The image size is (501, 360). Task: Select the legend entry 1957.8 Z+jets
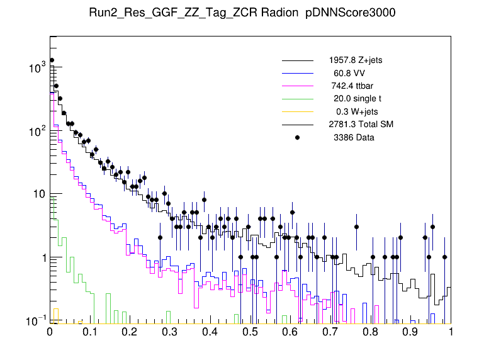pyautogui.click(x=355, y=60)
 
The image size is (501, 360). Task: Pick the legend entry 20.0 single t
pyautogui.click(x=357, y=99)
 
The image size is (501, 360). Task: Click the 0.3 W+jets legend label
pyautogui.click(x=357, y=111)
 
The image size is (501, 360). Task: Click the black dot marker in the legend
pyautogui.click(x=297, y=137)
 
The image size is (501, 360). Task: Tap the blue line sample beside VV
pyautogui.click(x=297, y=73)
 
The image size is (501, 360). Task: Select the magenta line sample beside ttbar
pyautogui.click(x=297, y=86)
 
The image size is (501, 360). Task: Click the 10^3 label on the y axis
pyautogui.click(x=37, y=67)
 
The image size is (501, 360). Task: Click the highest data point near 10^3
pyautogui.click(x=52, y=60)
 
